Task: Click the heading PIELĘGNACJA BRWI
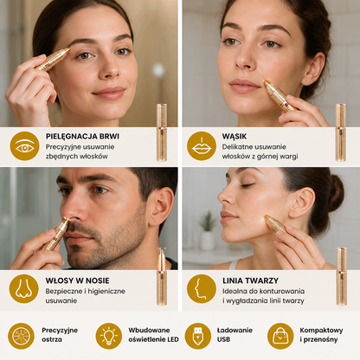(x=82, y=136)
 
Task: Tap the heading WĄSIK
(x=235, y=136)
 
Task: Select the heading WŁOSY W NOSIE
(x=77, y=280)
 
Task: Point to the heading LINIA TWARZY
(x=250, y=280)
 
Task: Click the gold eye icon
(x=24, y=146)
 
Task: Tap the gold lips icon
(x=202, y=146)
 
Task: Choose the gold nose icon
(x=24, y=289)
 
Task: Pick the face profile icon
(x=202, y=289)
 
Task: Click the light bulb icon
(x=109, y=336)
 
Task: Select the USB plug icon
(x=198, y=336)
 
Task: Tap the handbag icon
(x=280, y=336)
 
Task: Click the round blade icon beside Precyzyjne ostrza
(x=21, y=336)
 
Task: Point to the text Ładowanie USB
(x=235, y=335)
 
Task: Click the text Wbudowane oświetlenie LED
(x=153, y=335)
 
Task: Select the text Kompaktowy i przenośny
(x=321, y=335)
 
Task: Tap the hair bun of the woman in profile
(x=336, y=193)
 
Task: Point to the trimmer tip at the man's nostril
(x=67, y=221)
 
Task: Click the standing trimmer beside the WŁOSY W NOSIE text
(x=162, y=276)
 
